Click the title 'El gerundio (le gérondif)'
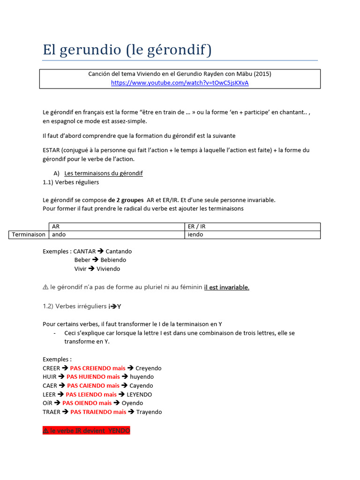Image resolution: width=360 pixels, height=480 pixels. [x=127, y=50]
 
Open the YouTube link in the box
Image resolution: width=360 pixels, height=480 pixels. [x=180, y=83]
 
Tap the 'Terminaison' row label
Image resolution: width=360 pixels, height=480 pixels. [x=29, y=234]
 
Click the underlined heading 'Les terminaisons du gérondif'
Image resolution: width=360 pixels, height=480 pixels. [x=103, y=173]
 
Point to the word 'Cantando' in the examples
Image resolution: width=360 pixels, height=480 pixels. [x=119, y=251]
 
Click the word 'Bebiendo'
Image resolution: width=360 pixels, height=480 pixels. [x=113, y=260]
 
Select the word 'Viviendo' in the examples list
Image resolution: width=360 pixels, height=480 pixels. [x=108, y=269]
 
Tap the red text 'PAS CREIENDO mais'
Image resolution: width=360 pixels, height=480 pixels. [x=97, y=368]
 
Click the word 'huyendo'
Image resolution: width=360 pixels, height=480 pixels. [x=142, y=376]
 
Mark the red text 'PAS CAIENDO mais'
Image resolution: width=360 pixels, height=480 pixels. [x=93, y=385]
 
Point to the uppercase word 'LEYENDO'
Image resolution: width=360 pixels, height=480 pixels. [x=139, y=394]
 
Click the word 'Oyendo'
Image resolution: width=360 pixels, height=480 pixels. [x=132, y=403]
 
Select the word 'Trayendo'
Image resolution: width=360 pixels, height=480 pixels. [x=149, y=412]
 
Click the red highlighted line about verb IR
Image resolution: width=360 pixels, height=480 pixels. [x=86, y=430]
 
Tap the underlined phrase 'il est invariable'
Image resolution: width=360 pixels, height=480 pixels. [x=226, y=287]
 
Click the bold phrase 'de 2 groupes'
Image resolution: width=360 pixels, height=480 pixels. [x=126, y=200]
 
